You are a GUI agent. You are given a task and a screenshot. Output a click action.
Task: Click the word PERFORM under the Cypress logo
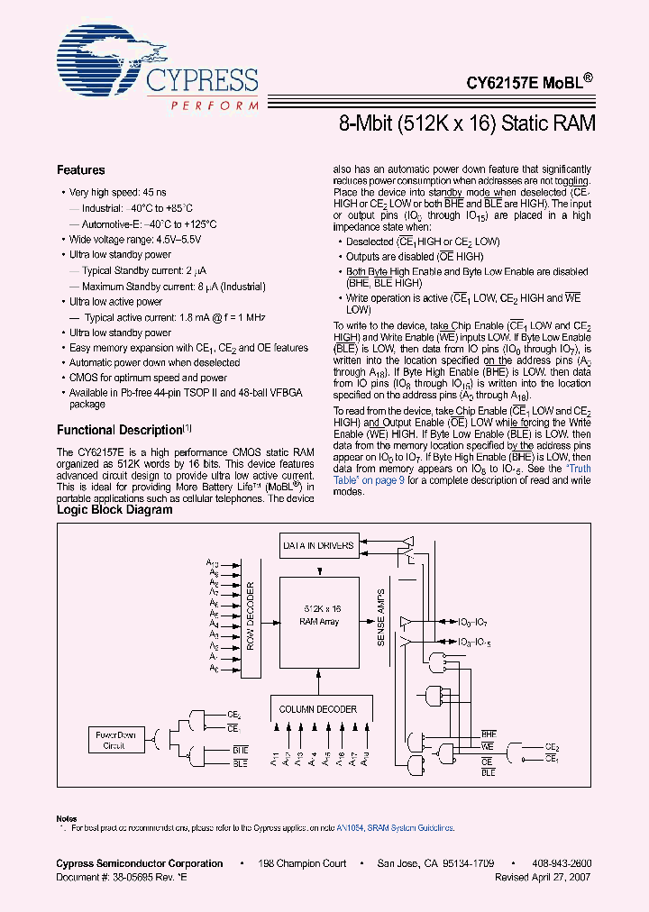click(x=207, y=105)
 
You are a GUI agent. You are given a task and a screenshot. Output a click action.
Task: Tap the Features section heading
click(x=80, y=169)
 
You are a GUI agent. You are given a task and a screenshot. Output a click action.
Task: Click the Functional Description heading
click(x=119, y=430)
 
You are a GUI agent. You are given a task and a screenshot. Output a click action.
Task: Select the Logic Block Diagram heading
click(x=114, y=509)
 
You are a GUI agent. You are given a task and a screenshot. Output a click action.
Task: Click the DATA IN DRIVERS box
click(x=318, y=546)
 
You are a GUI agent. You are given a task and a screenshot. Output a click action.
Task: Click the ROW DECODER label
click(x=251, y=616)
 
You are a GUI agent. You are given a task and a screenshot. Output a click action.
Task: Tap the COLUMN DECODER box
click(x=317, y=709)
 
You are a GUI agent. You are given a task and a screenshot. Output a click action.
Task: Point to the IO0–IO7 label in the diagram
click(x=474, y=622)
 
